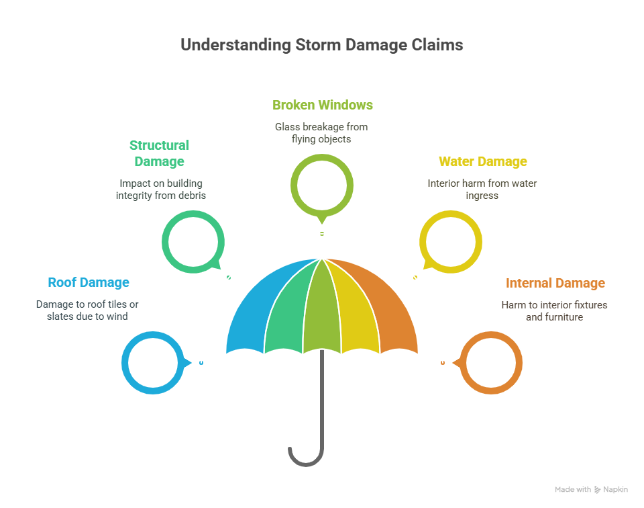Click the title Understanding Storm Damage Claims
pyautogui.click(x=321, y=46)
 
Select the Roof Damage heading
pyautogui.click(x=89, y=283)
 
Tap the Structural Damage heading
pyautogui.click(x=159, y=153)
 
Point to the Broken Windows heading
pyautogui.click(x=322, y=105)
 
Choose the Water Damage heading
pyautogui.click(x=482, y=161)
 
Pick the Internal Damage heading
pyautogui.click(x=555, y=283)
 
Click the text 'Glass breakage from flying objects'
pyautogui.click(x=321, y=133)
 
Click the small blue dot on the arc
pyautogui.click(x=201, y=363)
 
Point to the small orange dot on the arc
pyautogui.click(x=443, y=363)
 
